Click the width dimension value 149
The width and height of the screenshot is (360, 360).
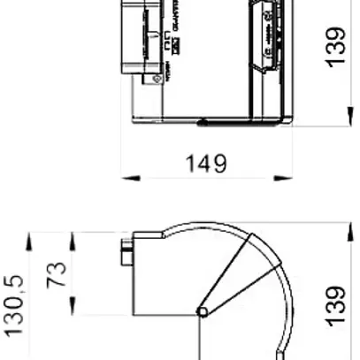point(206,164)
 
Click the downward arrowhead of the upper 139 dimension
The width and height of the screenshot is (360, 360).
point(345,120)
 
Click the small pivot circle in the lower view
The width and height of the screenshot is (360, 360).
point(203,312)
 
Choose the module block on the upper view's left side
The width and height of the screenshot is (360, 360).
point(142,35)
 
